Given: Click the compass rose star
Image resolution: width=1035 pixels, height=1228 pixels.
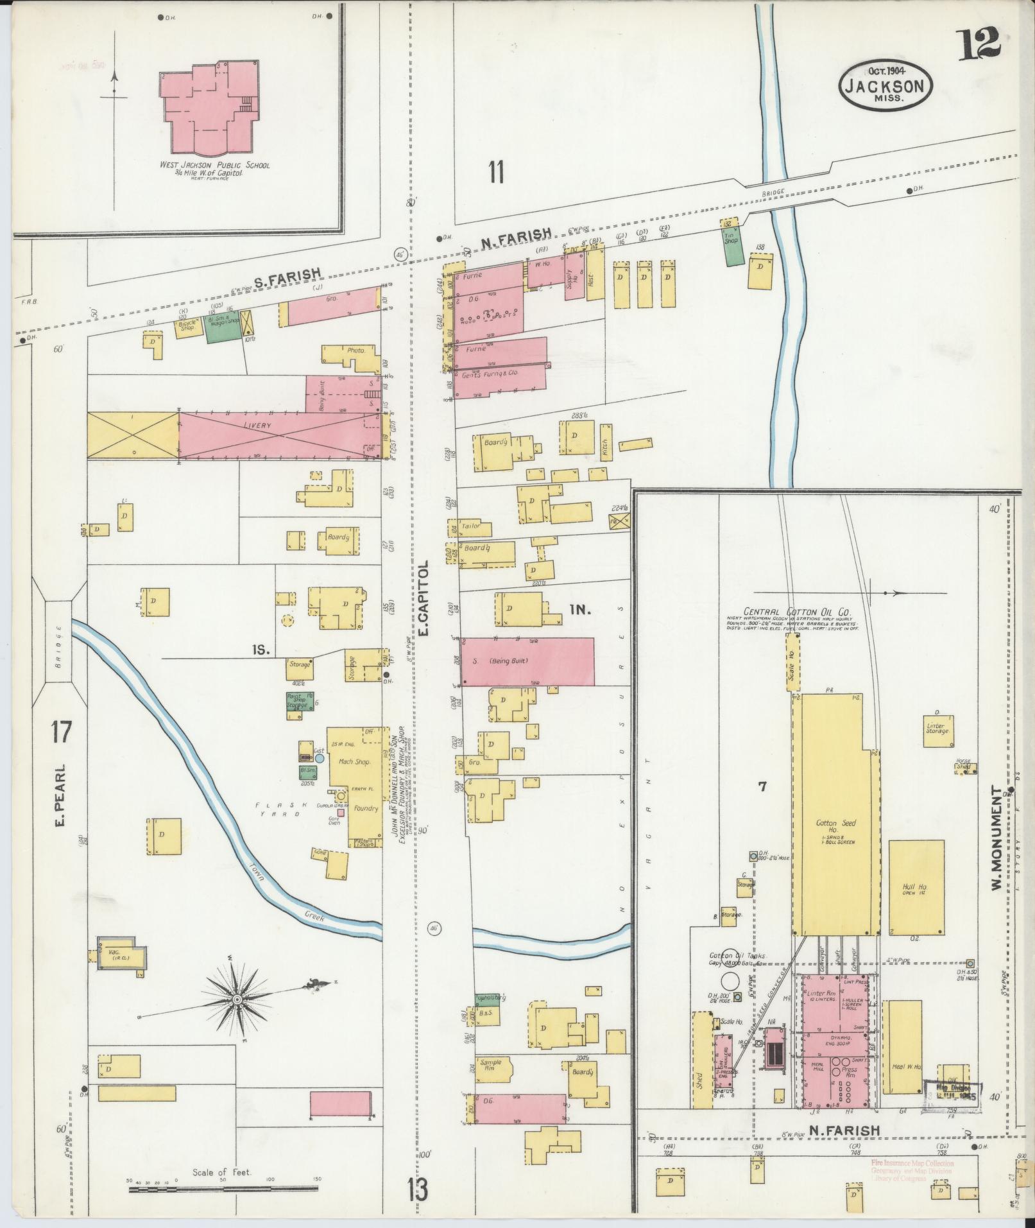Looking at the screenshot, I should [x=237, y=999].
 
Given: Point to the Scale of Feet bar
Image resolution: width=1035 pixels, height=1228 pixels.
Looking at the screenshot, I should [x=223, y=1189].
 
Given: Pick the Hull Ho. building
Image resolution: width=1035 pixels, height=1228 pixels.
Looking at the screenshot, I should [x=916, y=887].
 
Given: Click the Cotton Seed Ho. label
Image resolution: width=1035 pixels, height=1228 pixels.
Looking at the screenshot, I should [x=832, y=826].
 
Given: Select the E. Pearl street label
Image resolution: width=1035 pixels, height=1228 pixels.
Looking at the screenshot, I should [x=62, y=794].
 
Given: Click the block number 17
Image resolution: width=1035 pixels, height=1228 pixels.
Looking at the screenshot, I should [x=62, y=732].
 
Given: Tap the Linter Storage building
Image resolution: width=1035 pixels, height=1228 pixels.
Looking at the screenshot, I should [x=937, y=731].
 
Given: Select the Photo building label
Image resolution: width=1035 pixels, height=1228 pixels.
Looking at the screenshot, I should [x=355, y=351].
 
